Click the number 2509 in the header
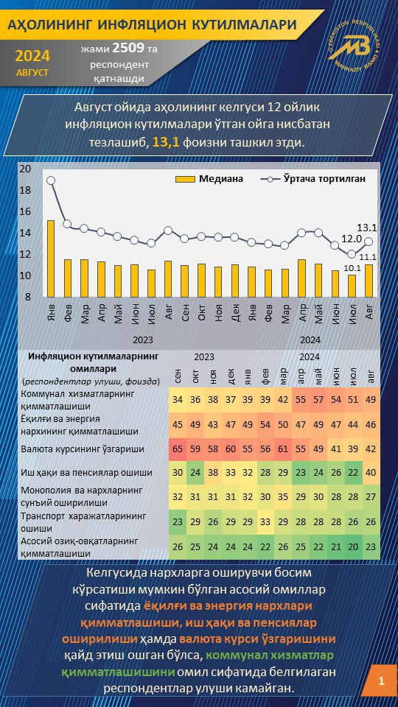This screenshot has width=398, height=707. coord(128,48)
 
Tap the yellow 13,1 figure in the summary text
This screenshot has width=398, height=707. coord(167,143)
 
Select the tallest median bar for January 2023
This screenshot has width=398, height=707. coord(51,258)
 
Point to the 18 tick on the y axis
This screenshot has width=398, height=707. coord(25,190)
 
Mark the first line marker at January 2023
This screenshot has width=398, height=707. coord(51,180)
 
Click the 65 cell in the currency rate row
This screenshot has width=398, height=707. coord(178,449)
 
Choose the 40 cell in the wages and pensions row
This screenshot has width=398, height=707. coord(371,473)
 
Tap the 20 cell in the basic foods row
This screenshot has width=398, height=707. coord(354,546)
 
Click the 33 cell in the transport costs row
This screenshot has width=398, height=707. coord(266,521)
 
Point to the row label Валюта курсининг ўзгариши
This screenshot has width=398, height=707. coord(83,449)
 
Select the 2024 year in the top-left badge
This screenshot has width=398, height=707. coord(32,56)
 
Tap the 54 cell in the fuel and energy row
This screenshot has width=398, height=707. coord(266,424)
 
